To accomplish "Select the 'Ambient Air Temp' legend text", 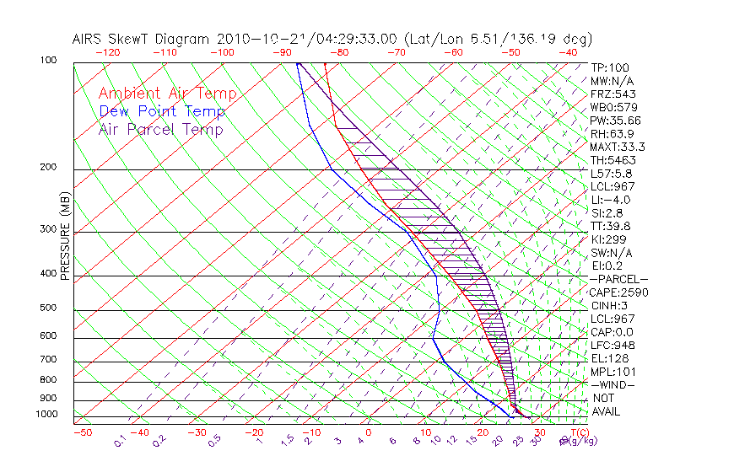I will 167,94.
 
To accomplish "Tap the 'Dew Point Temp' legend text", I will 162,112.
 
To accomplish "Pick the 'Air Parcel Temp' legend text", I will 160,130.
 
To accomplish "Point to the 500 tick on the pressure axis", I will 49,308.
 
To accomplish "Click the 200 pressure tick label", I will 49,168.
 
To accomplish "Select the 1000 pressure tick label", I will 46,415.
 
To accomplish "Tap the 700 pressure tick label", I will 49,360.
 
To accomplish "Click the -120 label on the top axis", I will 108,52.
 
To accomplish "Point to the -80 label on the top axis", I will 339,52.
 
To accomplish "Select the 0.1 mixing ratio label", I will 120,440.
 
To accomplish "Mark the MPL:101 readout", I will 613,372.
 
